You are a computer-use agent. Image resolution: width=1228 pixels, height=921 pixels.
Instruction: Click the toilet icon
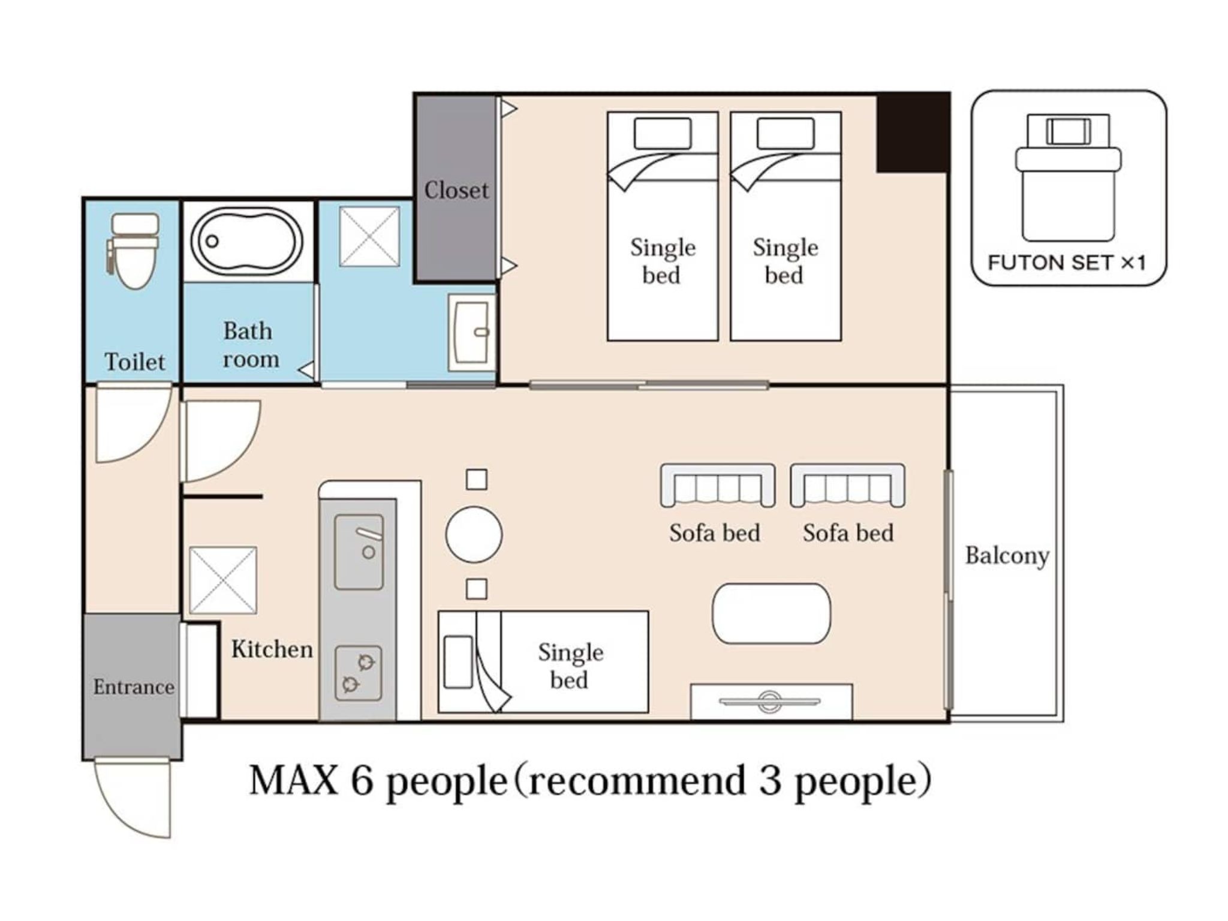(x=134, y=251)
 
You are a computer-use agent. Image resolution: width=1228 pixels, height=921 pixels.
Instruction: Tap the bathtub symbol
(x=247, y=241)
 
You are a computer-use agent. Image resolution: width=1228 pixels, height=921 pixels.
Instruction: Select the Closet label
(x=456, y=190)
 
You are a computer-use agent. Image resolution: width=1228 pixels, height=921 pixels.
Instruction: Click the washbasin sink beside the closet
(x=472, y=332)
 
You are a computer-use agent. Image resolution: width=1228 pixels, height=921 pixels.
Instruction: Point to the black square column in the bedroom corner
(x=912, y=133)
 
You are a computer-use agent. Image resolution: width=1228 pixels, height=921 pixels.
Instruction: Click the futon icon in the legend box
(x=1068, y=177)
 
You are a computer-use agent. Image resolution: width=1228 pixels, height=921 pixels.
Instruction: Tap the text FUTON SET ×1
(x=1067, y=263)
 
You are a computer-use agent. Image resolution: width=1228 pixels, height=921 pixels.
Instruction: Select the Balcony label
(x=1007, y=556)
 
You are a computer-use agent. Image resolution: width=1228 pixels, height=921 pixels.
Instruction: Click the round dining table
(x=474, y=535)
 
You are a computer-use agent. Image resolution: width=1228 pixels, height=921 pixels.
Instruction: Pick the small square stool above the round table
(x=477, y=479)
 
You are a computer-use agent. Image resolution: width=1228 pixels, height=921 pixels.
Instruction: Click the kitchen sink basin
(x=359, y=552)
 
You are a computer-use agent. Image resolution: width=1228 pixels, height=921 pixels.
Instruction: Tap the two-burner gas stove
(x=358, y=673)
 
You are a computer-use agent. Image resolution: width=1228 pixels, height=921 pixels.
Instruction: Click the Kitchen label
(x=272, y=649)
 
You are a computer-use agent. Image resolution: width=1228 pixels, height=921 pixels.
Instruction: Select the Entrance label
(x=134, y=687)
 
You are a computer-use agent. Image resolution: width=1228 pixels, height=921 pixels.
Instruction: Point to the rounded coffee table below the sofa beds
(x=771, y=613)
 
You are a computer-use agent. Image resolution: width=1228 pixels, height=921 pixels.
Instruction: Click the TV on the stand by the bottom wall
(x=770, y=700)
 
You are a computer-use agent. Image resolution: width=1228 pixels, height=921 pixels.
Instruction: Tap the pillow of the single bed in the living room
(x=458, y=662)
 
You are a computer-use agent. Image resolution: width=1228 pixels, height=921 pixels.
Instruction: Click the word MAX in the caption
(x=293, y=781)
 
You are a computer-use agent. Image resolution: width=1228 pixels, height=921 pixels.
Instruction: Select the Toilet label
(x=135, y=362)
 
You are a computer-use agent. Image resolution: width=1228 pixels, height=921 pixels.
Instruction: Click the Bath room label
(x=250, y=345)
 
